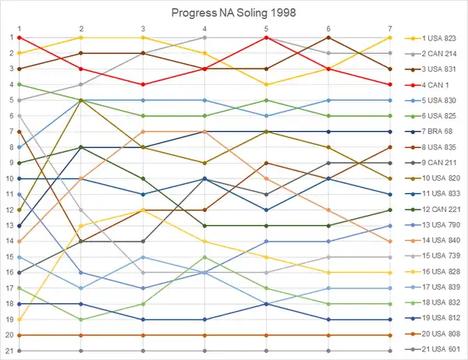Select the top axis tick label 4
(x=204, y=28)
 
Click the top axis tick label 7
(x=389, y=28)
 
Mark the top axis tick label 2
(x=80, y=28)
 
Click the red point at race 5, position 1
(x=266, y=37)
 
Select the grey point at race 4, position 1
(x=204, y=37)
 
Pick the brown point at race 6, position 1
(x=328, y=37)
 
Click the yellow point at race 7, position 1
(x=389, y=37)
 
